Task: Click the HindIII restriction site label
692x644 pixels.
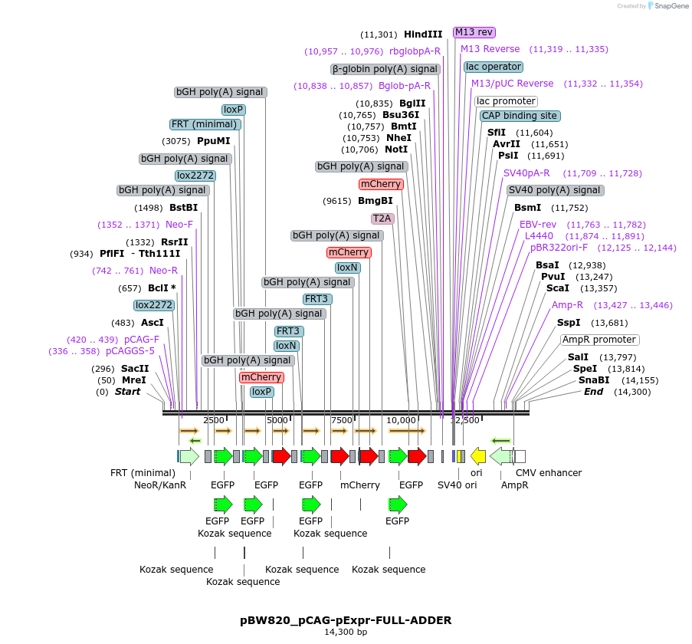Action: pyautogui.click(x=423, y=34)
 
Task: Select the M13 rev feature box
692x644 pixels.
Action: pyautogui.click(x=474, y=32)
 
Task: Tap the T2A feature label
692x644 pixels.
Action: pyautogui.click(x=382, y=219)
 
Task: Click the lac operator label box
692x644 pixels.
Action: pyautogui.click(x=494, y=67)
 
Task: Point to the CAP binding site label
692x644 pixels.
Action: pyautogui.click(x=520, y=116)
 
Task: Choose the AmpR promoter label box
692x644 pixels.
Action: pyautogui.click(x=599, y=340)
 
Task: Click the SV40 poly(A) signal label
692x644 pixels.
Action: pyautogui.click(x=556, y=190)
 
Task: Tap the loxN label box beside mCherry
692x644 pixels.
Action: pyautogui.click(x=347, y=268)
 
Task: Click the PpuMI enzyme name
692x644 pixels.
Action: pyautogui.click(x=213, y=141)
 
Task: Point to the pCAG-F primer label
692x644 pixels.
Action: pyautogui.click(x=142, y=340)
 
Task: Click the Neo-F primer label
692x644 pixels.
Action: pyautogui.click(x=179, y=225)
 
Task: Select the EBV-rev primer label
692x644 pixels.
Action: pyautogui.click(x=538, y=225)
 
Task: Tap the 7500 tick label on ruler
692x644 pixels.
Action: pyautogui.click(x=342, y=420)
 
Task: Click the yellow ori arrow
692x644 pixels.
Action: pyautogui.click(x=478, y=456)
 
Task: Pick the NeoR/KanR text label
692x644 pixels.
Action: pyautogui.click(x=160, y=485)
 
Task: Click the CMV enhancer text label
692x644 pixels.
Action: pyautogui.click(x=549, y=472)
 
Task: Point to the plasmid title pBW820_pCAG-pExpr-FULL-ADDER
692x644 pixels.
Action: pyautogui.click(x=346, y=620)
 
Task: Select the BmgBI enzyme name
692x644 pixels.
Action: pyautogui.click(x=376, y=201)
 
